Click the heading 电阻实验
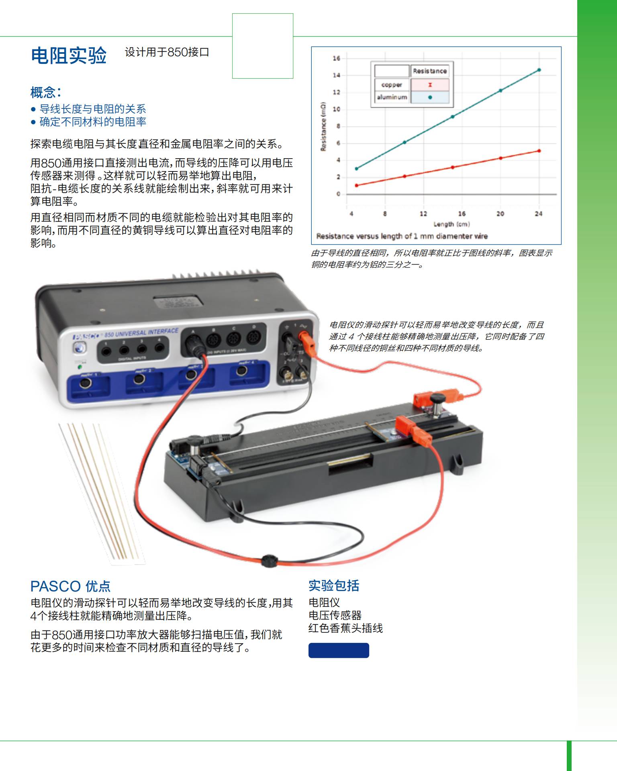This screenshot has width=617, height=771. point(69,55)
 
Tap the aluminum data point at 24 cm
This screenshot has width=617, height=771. point(539,70)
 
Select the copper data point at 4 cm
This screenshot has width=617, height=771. point(356,186)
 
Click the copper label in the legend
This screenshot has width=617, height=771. point(392,85)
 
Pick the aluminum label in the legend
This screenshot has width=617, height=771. point(392,97)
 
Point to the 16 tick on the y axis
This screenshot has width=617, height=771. point(336,58)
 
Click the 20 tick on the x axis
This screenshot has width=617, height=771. point(500,214)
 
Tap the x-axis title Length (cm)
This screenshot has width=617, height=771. point(452,224)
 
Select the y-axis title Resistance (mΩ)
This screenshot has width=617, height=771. point(323,126)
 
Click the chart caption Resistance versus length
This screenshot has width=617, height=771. point(402,236)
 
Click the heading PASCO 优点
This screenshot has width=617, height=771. point(70,586)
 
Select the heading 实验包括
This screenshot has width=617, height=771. point(334,585)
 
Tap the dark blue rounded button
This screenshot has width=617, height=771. point(339,650)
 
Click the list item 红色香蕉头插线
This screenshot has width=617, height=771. point(345,628)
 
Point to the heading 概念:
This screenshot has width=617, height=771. point(46,92)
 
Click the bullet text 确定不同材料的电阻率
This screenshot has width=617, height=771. point(93,122)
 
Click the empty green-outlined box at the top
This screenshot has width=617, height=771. point(263,46)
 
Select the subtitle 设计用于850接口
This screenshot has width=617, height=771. point(167,52)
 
